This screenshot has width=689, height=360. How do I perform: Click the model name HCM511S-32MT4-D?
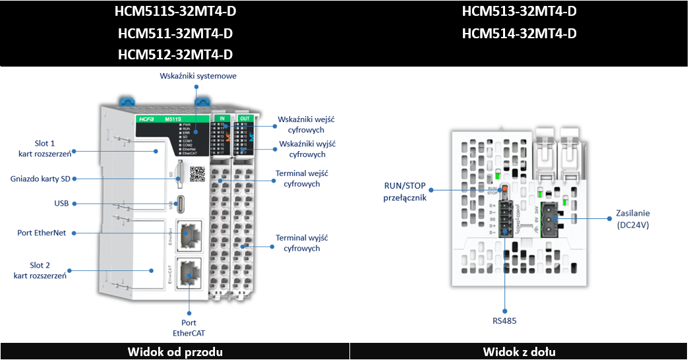point(175,12)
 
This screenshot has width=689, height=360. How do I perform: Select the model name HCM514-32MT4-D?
point(519,33)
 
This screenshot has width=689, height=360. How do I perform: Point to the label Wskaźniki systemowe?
point(198,76)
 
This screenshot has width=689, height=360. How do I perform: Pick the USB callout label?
point(61,204)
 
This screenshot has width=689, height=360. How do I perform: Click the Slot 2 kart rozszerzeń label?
point(40,270)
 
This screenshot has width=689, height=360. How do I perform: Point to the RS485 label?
point(505,321)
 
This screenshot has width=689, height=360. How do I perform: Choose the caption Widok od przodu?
point(175,352)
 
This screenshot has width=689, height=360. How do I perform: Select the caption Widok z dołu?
point(519,352)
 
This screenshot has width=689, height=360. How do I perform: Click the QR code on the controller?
point(197,173)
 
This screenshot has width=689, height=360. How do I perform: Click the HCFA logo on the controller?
point(146,119)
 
